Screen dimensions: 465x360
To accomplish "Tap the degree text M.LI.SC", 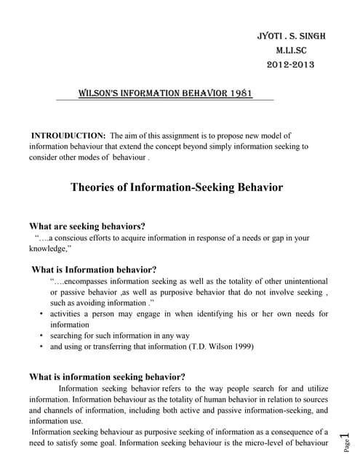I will (295, 52).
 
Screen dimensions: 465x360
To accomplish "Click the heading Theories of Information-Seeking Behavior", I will (177, 187).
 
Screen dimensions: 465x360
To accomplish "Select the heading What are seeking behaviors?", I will (87, 225).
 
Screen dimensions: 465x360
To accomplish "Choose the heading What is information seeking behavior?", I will (107, 376).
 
